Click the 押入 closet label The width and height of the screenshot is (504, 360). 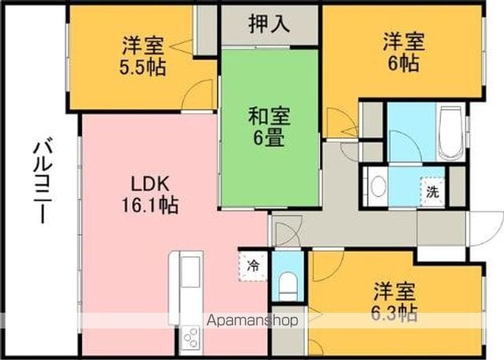[269, 24]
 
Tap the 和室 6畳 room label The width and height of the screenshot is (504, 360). [269, 127]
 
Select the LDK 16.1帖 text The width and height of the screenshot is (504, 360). [150, 195]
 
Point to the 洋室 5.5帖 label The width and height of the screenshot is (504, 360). [143, 57]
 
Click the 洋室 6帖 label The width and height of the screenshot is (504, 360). [404, 52]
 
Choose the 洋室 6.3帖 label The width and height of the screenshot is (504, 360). [395, 302]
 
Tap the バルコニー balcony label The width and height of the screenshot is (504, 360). [43, 180]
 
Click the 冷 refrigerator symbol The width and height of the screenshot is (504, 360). [254, 266]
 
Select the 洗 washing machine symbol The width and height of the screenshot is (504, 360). [432, 192]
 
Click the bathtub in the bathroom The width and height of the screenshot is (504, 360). [450, 132]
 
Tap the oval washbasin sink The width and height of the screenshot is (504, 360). [379, 186]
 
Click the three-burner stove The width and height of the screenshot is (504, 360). [191, 337]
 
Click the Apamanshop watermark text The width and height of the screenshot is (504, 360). [252, 320]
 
